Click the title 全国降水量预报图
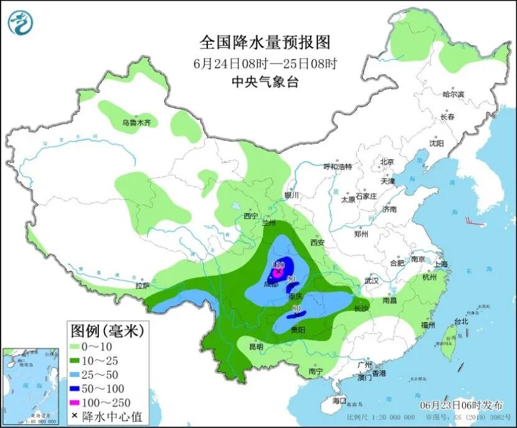pyautogui.click(x=264, y=42)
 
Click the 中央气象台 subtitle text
pyautogui.click(x=264, y=82)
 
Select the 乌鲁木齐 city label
pyautogui.click(x=136, y=123)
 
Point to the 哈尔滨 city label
pyautogui.click(x=453, y=94)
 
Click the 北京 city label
pyautogui.click(x=387, y=162)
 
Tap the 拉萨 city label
pyautogui.click(x=142, y=286)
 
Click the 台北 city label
pyautogui.click(x=460, y=322)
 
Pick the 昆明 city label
pyautogui.click(x=256, y=346)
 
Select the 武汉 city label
pyautogui.click(x=372, y=280)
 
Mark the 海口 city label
pyautogui.click(x=338, y=399)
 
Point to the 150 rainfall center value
pyautogui.click(x=277, y=265)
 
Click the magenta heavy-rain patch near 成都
pyautogui.click(x=277, y=272)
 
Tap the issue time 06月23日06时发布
pyautogui.click(x=462, y=404)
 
